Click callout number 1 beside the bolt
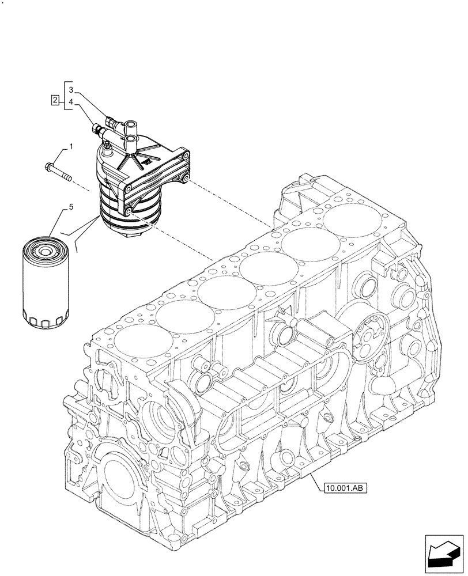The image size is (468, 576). point(70,148)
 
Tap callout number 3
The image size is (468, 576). point(70,90)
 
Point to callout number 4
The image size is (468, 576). point(70,102)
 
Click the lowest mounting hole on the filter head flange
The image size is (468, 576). point(128,215)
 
